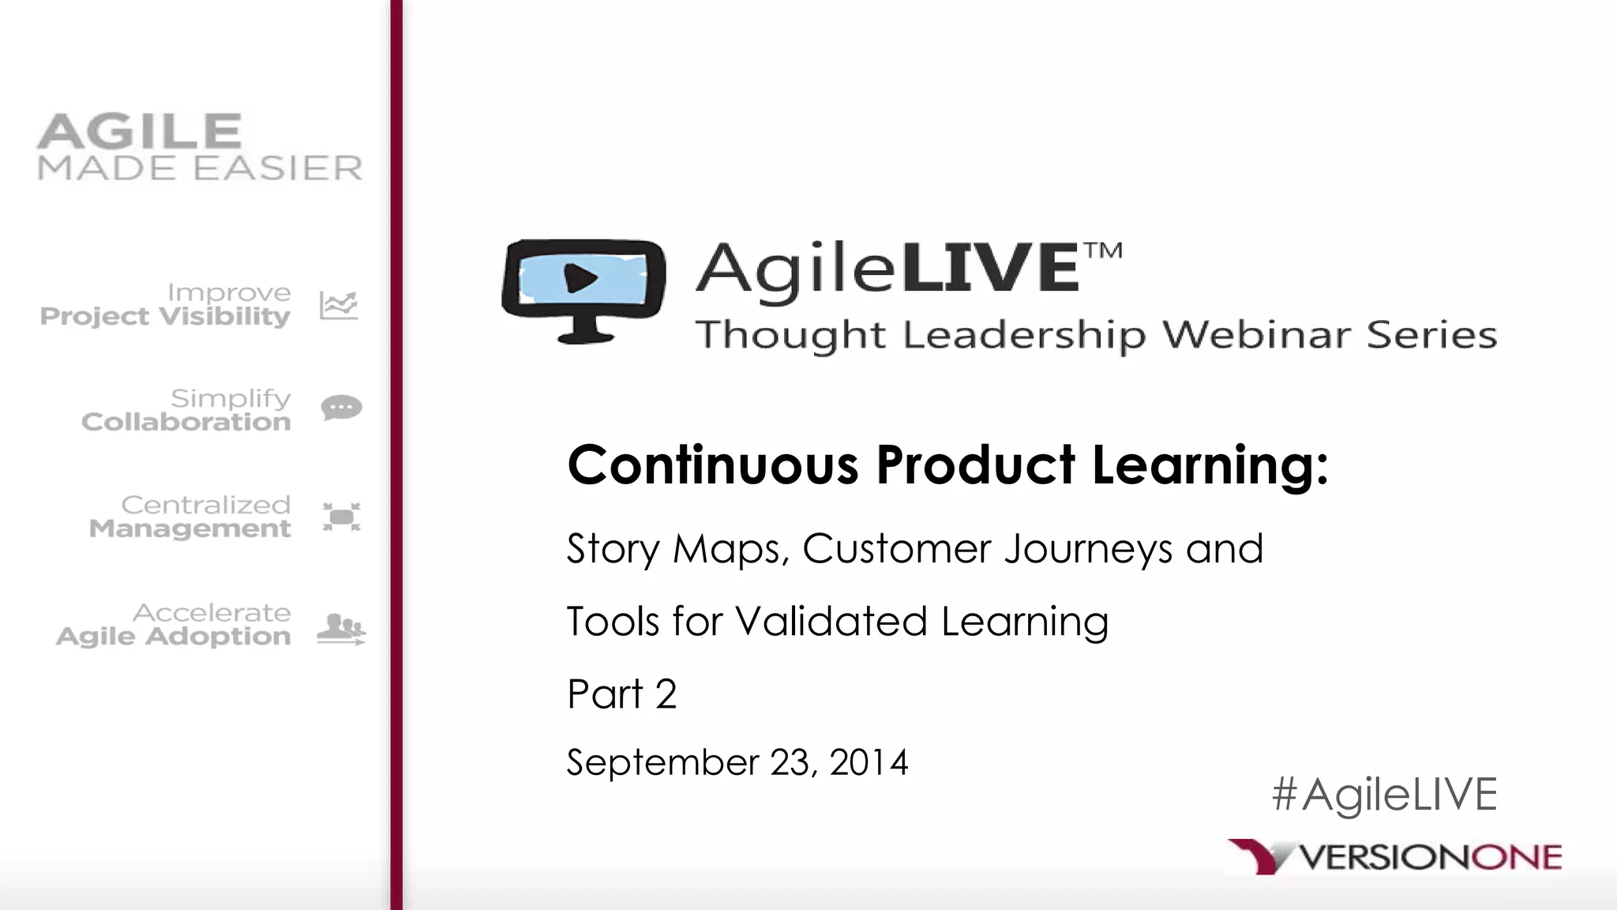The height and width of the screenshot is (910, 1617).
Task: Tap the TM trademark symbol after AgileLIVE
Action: (1103, 251)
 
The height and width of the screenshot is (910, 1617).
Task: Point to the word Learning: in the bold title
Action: (1210, 466)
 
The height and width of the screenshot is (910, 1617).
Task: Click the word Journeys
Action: (1088, 549)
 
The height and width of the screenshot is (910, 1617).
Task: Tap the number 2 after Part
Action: (666, 694)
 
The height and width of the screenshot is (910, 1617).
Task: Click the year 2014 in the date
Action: (869, 762)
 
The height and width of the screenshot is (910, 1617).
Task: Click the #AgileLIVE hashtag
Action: (1384, 794)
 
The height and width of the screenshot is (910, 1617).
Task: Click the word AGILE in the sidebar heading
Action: (139, 131)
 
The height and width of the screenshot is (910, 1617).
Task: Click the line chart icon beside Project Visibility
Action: (339, 305)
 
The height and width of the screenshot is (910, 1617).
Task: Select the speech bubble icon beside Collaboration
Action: (341, 408)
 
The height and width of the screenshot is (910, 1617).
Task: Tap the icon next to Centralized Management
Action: (342, 517)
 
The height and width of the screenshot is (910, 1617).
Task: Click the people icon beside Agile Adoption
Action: (341, 629)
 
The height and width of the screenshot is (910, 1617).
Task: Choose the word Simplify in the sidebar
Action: (231, 398)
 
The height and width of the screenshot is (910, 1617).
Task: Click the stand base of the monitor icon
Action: (585, 337)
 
